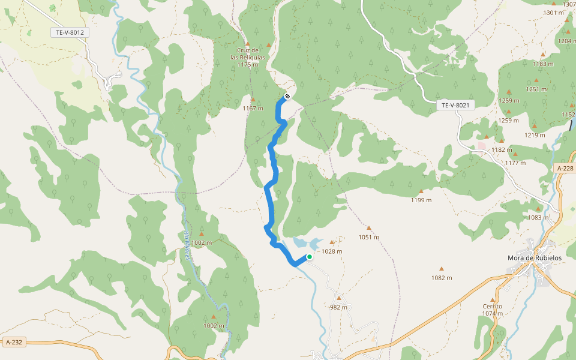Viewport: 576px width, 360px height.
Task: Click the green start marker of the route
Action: [x=310, y=257]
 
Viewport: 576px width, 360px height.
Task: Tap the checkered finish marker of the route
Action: [x=287, y=96]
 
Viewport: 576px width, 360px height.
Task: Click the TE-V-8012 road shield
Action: [x=69, y=32]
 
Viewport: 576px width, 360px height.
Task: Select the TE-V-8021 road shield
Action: [x=455, y=105]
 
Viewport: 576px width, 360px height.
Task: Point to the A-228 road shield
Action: [x=565, y=169]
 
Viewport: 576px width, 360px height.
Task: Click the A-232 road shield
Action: [x=13, y=342]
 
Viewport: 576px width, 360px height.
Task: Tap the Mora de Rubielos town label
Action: [x=533, y=258]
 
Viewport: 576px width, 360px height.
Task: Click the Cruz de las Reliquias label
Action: [x=248, y=57]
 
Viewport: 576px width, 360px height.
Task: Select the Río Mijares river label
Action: [x=187, y=245]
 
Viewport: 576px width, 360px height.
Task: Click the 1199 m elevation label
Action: [x=421, y=200]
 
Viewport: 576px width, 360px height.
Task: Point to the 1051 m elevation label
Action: [x=369, y=237]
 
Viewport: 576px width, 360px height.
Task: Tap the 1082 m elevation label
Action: [x=442, y=277]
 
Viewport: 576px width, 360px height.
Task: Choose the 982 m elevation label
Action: [x=338, y=307]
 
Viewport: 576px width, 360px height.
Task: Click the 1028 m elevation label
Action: [x=332, y=251]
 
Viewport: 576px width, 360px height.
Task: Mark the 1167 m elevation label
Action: [x=253, y=108]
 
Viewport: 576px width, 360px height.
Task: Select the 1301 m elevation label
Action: [x=553, y=13]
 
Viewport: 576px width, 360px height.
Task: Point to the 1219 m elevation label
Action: [x=534, y=135]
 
